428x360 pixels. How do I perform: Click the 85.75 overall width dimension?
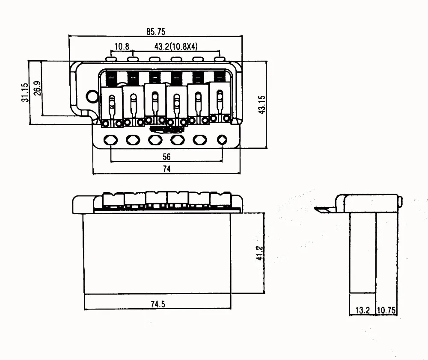[x=155, y=32]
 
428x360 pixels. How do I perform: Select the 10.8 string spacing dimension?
[x=122, y=46]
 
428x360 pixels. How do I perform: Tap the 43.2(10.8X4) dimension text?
[x=175, y=46]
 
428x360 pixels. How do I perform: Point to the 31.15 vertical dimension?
[x=25, y=92]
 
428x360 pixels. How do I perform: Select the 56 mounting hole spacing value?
[x=166, y=157]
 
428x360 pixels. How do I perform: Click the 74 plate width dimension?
[x=166, y=169]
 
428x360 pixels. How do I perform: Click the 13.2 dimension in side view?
[x=362, y=311]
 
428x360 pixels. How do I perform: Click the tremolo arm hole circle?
[x=91, y=96]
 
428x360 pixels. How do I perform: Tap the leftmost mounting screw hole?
[x=111, y=139]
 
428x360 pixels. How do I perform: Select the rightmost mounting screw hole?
[x=222, y=139]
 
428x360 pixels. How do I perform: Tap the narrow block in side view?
[x=363, y=252]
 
